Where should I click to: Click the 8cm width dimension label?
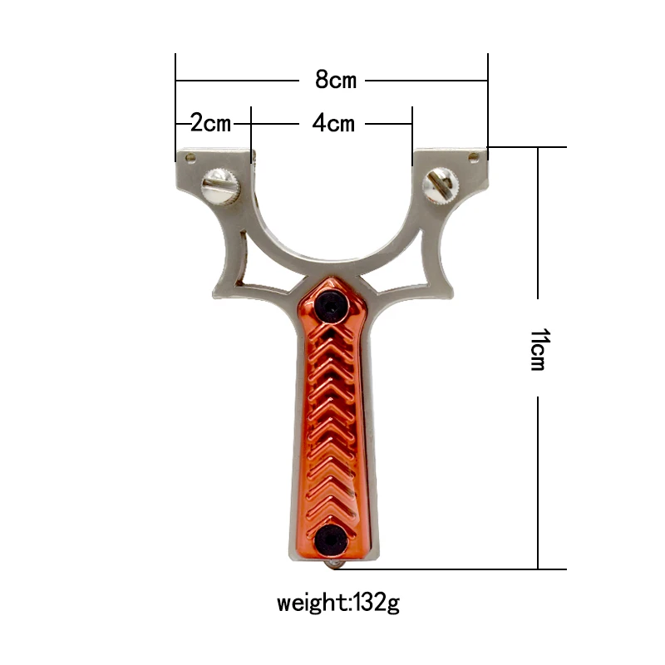335,80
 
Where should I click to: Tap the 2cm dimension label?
210,123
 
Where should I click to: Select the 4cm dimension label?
333,123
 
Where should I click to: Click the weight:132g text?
338,601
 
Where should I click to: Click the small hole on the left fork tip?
190,156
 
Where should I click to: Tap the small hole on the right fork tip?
475,155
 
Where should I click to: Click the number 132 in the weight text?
371,601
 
